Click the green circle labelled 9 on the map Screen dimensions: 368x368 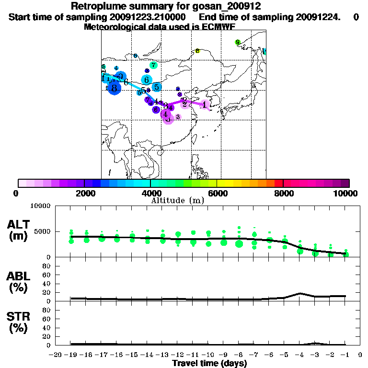[x=237, y=43]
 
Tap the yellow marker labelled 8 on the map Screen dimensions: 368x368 [x=197, y=51]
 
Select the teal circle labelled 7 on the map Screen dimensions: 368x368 [x=153, y=65]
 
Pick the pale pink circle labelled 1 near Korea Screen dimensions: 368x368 [x=205, y=104]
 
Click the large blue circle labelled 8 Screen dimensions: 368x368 [x=114, y=88]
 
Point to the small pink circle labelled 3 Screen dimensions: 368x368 [x=178, y=116]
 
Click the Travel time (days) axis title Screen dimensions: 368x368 [x=209, y=363]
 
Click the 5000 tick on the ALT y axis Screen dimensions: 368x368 [x=41, y=231]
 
